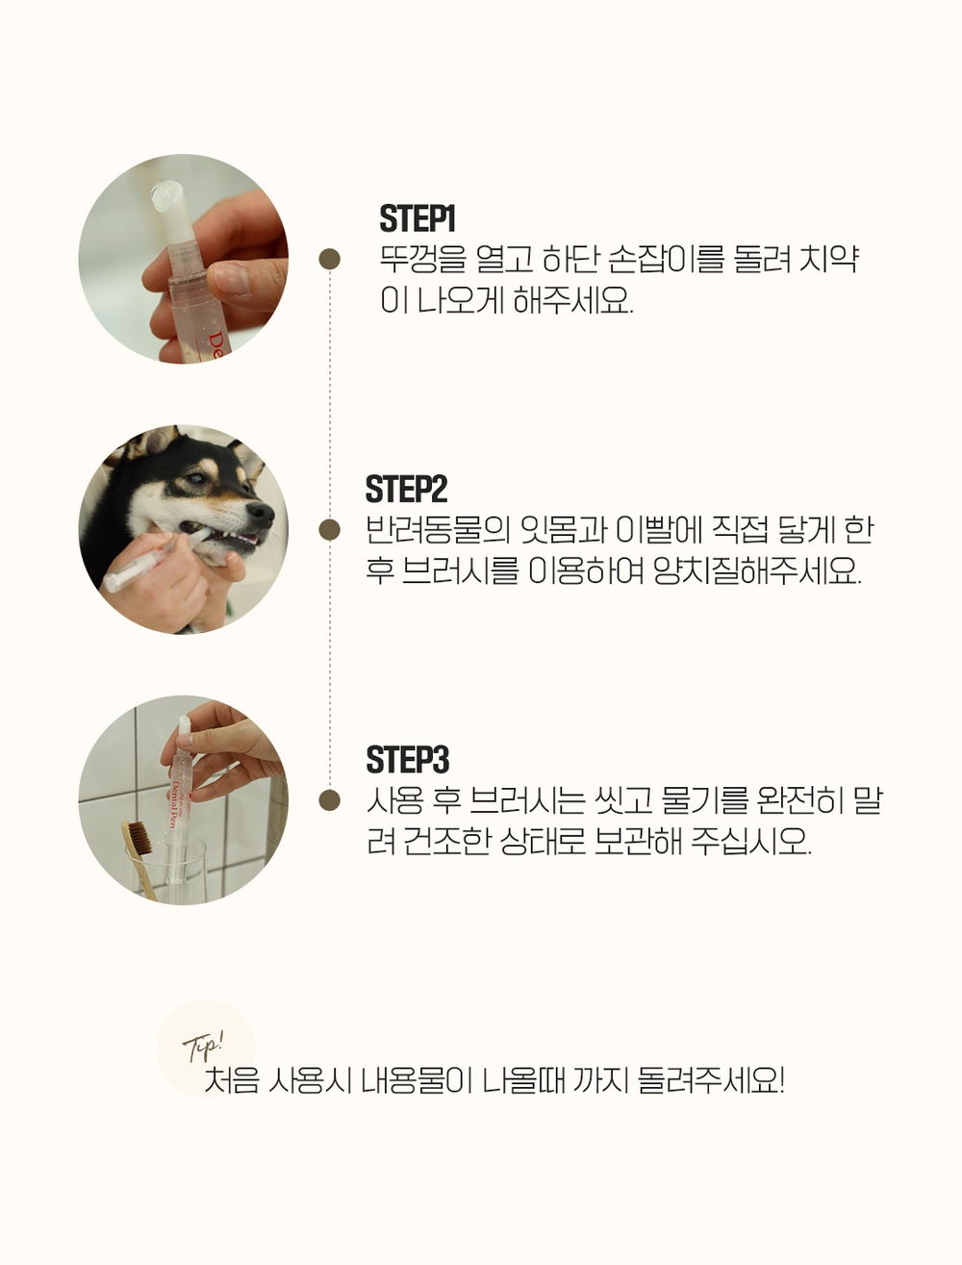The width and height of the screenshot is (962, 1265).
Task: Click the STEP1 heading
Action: pyautogui.click(x=418, y=218)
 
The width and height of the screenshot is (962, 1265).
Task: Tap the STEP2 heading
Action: pyautogui.click(x=406, y=490)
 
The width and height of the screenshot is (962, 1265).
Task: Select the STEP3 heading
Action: pyautogui.click(x=407, y=760)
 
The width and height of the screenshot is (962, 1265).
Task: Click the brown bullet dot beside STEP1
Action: pyautogui.click(x=330, y=259)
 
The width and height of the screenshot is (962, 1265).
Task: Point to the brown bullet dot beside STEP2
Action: pyautogui.click(x=330, y=530)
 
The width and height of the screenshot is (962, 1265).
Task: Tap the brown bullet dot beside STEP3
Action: pyautogui.click(x=330, y=800)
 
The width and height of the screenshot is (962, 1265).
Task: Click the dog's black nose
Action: pyautogui.click(x=261, y=513)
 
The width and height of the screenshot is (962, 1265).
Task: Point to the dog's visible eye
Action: pyautogui.click(x=196, y=477)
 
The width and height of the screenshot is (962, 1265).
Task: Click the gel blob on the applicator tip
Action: pyautogui.click(x=166, y=194)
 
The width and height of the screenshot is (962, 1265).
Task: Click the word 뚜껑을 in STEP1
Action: pyautogui.click(x=423, y=260)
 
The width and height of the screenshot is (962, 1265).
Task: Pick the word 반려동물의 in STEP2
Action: pyautogui.click(x=439, y=530)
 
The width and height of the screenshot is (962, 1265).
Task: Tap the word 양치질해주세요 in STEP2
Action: pyautogui.click(x=757, y=571)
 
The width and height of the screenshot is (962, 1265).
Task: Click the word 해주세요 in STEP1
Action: pyautogui.click(x=573, y=300)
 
